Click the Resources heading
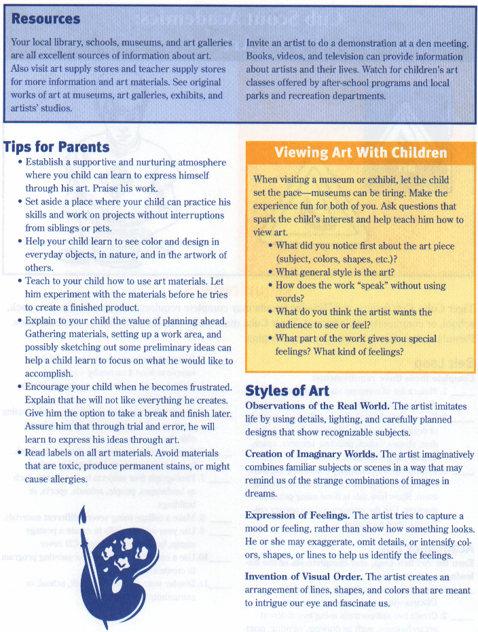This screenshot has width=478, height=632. click(x=45, y=19)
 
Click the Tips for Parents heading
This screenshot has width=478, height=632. click(x=56, y=146)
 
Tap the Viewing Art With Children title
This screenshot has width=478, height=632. click(x=361, y=153)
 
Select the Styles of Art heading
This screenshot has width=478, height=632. click(x=287, y=391)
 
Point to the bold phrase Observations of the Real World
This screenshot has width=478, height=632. click(x=317, y=406)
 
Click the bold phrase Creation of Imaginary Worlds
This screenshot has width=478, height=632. click(x=311, y=454)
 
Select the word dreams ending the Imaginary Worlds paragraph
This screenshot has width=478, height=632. click(x=261, y=494)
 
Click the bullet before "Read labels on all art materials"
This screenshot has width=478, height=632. click(x=20, y=453)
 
